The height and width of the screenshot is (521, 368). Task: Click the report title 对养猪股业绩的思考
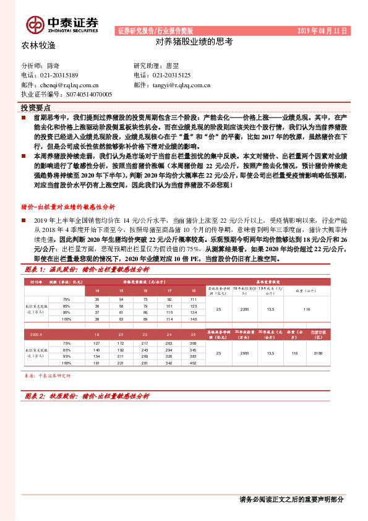(x=194, y=43)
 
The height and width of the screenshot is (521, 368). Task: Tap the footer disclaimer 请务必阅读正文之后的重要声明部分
(x=291, y=499)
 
